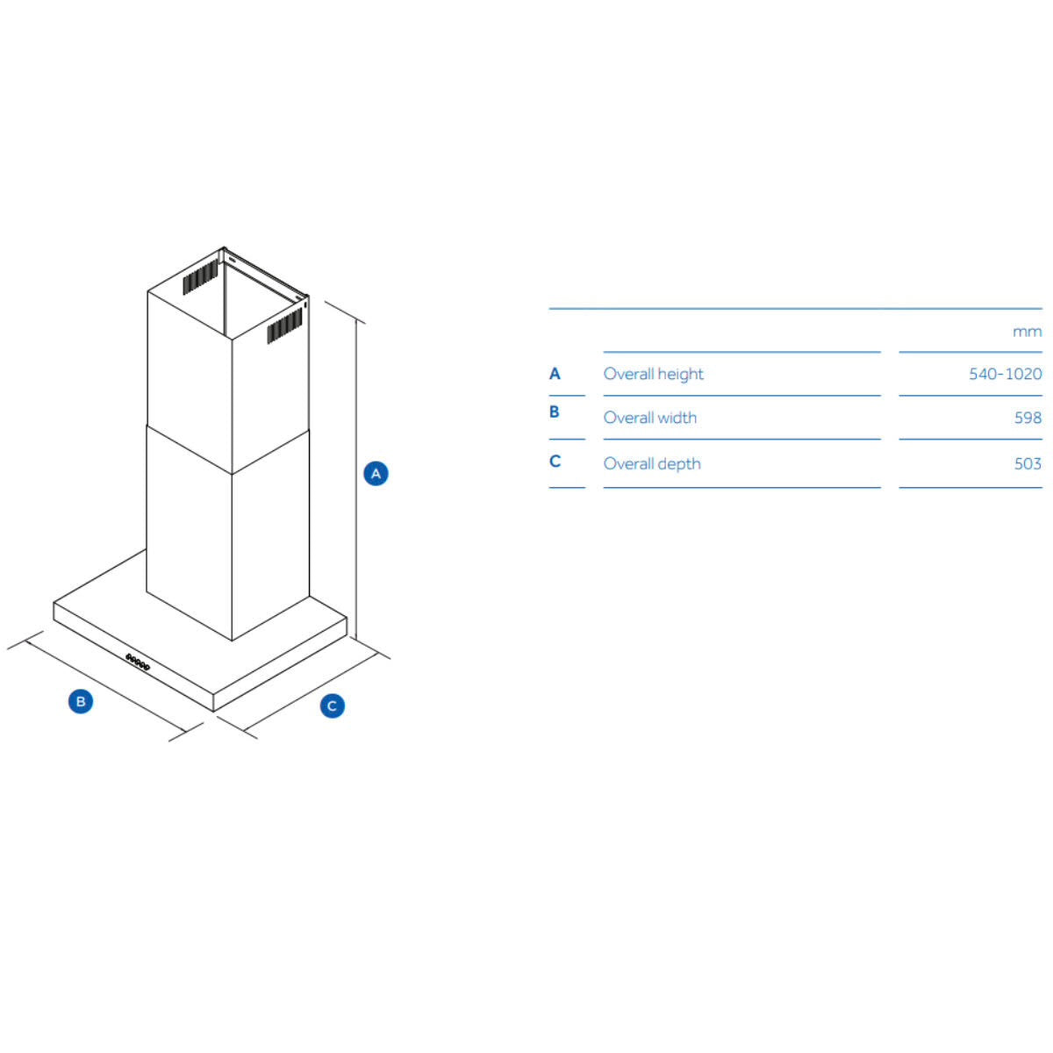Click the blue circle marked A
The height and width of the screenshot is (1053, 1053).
[x=376, y=473]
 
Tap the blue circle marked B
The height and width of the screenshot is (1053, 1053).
[x=81, y=701]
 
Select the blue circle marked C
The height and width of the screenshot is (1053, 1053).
[x=332, y=706]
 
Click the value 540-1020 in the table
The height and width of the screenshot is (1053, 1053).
[x=1005, y=374]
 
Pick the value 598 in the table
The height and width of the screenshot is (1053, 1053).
[x=1028, y=418]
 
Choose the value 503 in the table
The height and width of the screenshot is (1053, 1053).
[x=1028, y=463]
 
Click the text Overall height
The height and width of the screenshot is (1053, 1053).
[x=653, y=375]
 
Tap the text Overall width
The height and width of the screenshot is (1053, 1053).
[x=649, y=418]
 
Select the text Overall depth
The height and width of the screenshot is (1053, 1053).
[x=652, y=464]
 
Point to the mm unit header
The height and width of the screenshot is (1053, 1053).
[x=1027, y=332]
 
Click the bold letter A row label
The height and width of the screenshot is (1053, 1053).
[x=555, y=374]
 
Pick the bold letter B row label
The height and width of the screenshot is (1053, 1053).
[x=554, y=412]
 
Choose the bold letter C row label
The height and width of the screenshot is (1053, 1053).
[x=555, y=462]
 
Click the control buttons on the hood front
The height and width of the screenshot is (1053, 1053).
[x=137, y=662]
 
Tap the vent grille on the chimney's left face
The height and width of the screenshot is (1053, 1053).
[x=201, y=276]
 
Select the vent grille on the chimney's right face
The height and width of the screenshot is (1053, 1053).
[x=284, y=326]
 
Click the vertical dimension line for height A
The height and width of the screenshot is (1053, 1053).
[x=356, y=479]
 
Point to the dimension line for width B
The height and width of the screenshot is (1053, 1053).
[x=106, y=685]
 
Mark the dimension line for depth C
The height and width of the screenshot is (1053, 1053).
[x=311, y=691]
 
